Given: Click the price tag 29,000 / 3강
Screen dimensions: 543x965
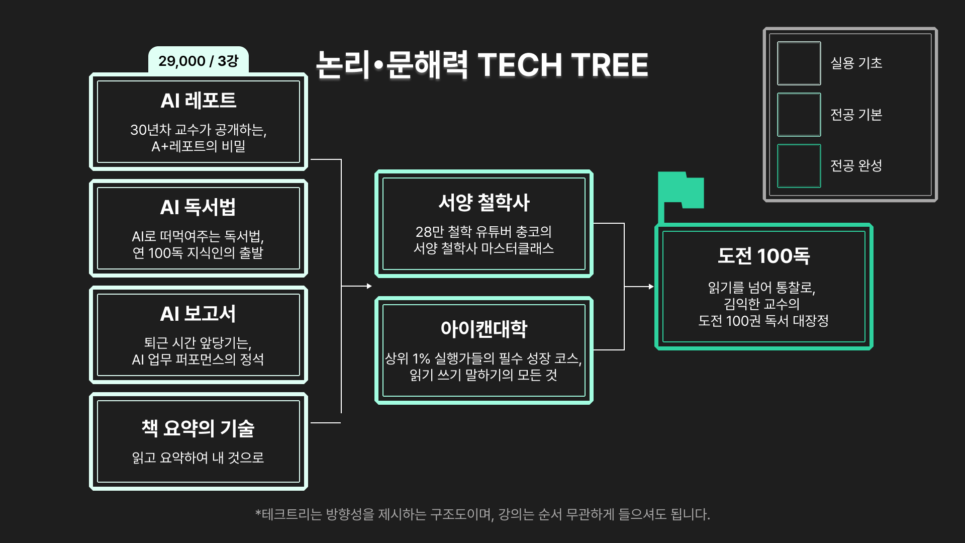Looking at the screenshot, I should click(x=198, y=61).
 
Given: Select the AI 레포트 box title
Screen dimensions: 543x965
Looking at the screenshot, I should click(x=198, y=101).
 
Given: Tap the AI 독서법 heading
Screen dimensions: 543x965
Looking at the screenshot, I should click(x=198, y=207).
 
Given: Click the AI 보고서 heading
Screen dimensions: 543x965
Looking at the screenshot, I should click(x=198, y=314).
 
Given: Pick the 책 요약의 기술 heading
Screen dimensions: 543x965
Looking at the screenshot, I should click(x=198, y=428).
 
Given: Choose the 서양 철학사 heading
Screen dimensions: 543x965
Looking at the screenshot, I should click(x=484, y=203).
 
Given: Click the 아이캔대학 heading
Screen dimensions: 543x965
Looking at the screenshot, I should click(x=484, y=329).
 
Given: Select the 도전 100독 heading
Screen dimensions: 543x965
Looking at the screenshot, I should click(x=763, y=256).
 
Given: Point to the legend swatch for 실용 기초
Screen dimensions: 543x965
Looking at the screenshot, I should click(x=799, y=63).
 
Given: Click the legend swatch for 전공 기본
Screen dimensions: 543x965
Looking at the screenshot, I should click(x=799, y=115).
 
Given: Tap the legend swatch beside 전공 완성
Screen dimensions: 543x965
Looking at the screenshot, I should click(x=799, y=166).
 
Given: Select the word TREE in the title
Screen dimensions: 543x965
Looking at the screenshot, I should click(x=609, y=65).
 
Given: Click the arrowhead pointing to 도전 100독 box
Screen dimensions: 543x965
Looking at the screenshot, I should click(x=651, y=287).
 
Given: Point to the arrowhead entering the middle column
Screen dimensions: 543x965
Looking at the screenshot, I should click(x=369, y=286).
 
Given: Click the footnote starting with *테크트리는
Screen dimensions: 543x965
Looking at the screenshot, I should click(x=482, y=514).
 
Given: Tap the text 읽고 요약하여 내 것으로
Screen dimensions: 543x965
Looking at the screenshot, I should click(x=198, y=458).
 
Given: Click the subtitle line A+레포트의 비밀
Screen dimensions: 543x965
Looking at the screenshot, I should click(x=198, y=146).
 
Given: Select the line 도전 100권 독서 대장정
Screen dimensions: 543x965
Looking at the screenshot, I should click(x=763, y=320).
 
